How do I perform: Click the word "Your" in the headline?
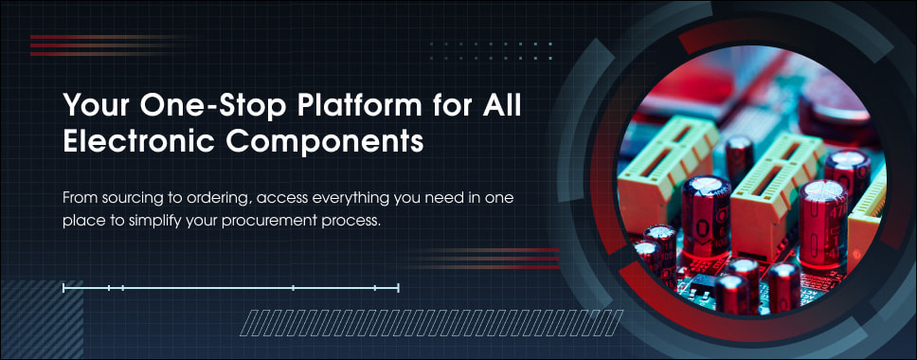(x=97, y=106)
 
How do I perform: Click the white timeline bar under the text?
(x=231, y=288)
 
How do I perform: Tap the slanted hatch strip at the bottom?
(x=433, y=323)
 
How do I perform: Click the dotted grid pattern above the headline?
(x=492, y=51)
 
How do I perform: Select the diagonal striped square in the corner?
(x=42, y=319)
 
